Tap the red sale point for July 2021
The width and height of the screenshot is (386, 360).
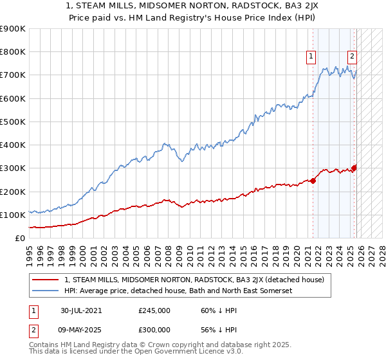(x=313, y=181)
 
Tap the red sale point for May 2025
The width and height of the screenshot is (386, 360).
(x=354, y=168)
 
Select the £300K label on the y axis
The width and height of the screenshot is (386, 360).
(x=13, y=168)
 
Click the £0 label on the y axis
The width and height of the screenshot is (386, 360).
(x=19, y=239)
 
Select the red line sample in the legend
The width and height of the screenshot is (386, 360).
(x=45, y=280)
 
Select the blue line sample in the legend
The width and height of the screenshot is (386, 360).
(x=45, y=291)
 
